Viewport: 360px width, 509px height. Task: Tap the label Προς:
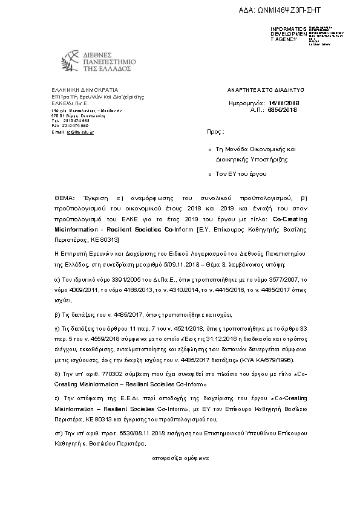pyautogui.click(x=215, y=131)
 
